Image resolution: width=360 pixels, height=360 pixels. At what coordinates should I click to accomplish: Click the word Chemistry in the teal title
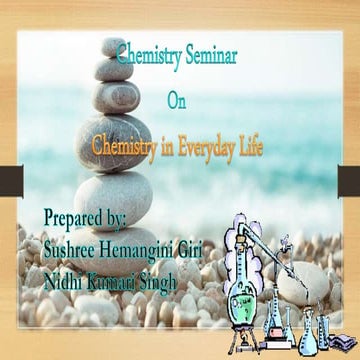pyautogui.click(x=145, y=57)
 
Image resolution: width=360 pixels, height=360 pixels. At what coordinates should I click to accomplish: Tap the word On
pyautogui.click(x=176, y=100)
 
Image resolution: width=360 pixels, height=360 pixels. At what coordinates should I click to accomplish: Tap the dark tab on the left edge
pyautogui.click(x=6, y=180)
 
